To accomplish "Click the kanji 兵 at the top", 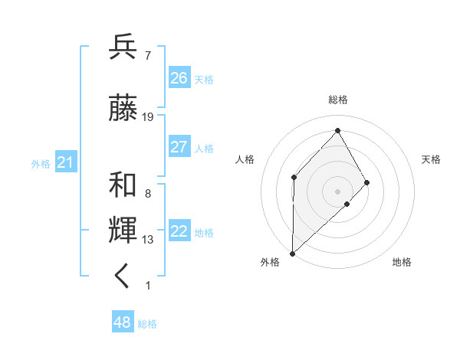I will click(x=123, y=47).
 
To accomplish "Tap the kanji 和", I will click(x=123, y=185).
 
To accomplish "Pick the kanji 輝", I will click(x=123, y=230).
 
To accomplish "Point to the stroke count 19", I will click(x=148, y=117).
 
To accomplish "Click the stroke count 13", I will click(x=148, y=240).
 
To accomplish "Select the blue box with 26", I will click(x=179, y=78).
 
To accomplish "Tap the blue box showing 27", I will click(x=179, y=147).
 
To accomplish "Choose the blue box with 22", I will click(x=179, y=232).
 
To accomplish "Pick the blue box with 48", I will click(x=123, y=322).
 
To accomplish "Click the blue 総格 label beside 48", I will click(x=148, y=324).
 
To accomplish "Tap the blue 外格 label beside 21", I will click(x=41, y=164).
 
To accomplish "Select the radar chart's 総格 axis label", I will click(x=338, y=100).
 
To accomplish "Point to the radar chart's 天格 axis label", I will click(x=432, y=159).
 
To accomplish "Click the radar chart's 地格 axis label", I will click(x=402, y=262).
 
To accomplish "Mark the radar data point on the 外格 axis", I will click(x=292, y=253).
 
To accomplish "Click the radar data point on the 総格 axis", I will click(x=337, y=130).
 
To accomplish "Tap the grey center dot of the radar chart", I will click(x=337, y=191).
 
